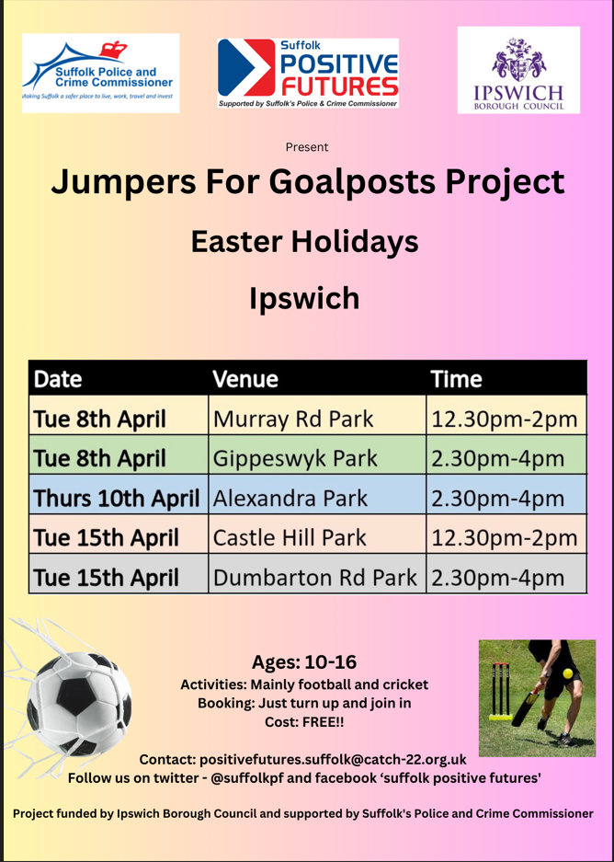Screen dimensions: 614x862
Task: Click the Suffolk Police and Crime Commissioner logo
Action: click(x=100, y=73)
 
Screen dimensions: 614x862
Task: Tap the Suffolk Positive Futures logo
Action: click(x=308, y=73)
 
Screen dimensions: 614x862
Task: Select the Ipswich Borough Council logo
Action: click(x=518, y=70)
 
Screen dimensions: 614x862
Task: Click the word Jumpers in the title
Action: click(x=123, y=183)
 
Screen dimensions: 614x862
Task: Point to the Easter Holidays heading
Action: click(x=305, y=242)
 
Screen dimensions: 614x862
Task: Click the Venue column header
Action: click(x=245, y=379)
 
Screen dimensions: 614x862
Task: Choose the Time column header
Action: click(x=457, y=379)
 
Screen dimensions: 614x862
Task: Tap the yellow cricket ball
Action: click(x=567, y=673)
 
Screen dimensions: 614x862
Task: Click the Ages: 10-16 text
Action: click(x=304, y=661)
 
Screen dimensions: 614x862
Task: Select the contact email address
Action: click(x=333, y=759)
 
